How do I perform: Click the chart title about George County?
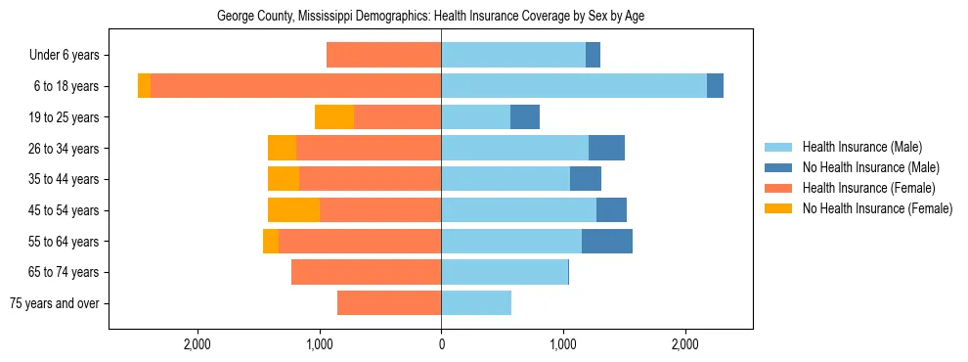click(430, 17)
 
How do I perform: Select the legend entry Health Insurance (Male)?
click(860, 147)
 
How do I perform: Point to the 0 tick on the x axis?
click(441, 344)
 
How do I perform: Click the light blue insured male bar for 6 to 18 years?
click(574, 86)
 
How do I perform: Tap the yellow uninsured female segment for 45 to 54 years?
click(293, 210)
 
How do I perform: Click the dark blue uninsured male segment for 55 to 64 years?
click(606, 241)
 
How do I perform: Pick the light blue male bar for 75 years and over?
click(476, 303)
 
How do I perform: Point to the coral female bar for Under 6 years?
click(383, 55)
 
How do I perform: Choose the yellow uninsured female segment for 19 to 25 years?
click(334, 117)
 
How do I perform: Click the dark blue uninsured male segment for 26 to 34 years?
click(606, 148)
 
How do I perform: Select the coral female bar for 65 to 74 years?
click(366, 272)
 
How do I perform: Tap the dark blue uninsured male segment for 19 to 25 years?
click(525, 117)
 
